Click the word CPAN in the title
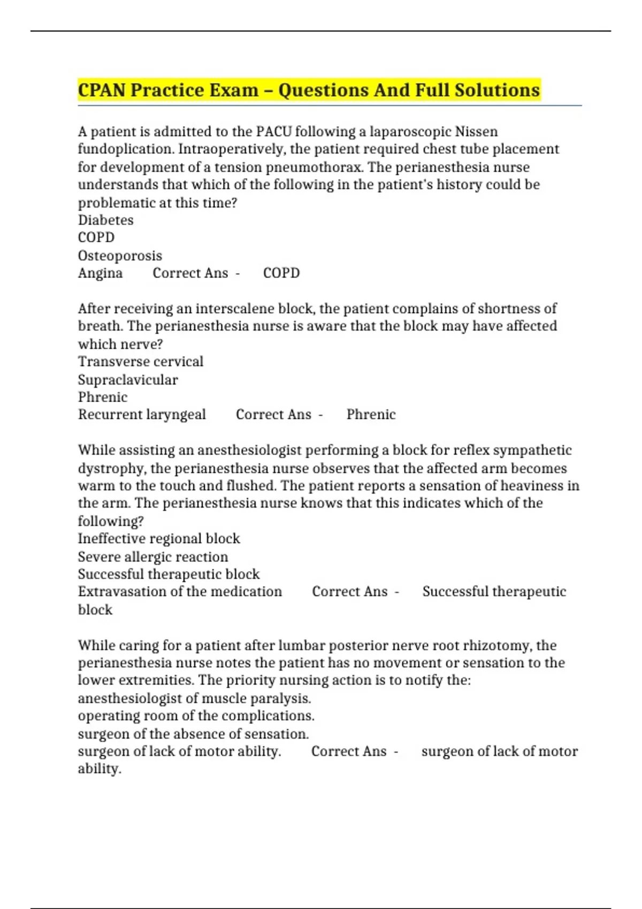click(x=102, y=90)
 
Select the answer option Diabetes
click(x=106, y=220)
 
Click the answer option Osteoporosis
click(x=120, y=256)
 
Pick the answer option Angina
click(x=100, y=273)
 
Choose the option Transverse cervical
click(x=141, y=361)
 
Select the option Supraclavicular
click(x=128, y=380)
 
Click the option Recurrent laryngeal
click(x=142, y=414)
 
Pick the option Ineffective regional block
click(x=159, y=538)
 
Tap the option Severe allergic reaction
click(x=153, y=557)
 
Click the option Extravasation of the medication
click(x=180, y=591)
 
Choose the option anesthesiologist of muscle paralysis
click(x=194, y=698)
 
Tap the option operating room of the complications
click(x=196, y=716)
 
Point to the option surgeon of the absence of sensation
click(x=193, y=734)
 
